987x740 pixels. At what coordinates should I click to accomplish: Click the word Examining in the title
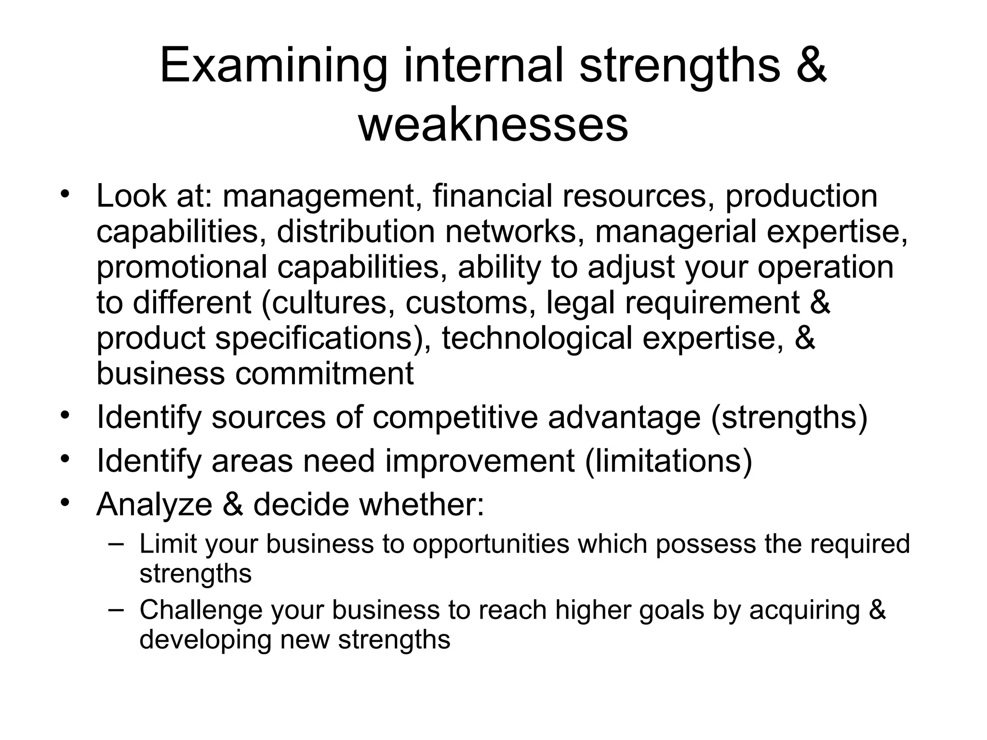(273, 65)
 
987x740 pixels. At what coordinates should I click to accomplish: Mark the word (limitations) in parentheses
(668, 461)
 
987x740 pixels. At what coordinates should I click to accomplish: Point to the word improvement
(480, 461)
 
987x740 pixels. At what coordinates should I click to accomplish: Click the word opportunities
(491, 544)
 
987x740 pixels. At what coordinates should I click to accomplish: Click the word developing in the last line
(205, 640)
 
